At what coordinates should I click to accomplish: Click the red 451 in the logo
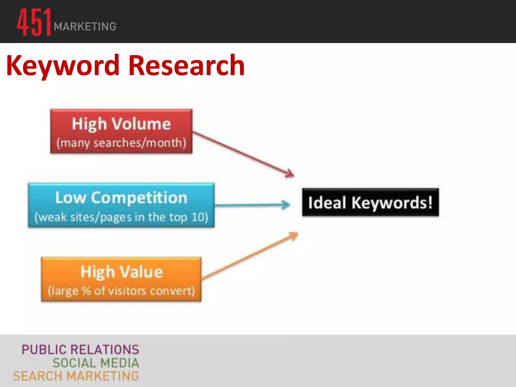point(34,22)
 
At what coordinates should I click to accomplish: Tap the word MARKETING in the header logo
point(85,27)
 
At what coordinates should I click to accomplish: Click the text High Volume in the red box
point(121,124)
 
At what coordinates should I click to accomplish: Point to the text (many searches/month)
point(121,143)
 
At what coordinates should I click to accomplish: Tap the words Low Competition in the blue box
point(121,198)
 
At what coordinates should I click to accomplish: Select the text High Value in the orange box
point(121,272)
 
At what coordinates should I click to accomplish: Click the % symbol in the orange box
point(86,291)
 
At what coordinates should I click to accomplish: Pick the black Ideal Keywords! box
point(370,202)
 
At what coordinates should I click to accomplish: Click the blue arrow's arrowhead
point(286,205)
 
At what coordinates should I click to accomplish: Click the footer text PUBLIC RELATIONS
point(80,350)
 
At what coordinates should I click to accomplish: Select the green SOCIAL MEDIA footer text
point(96,363)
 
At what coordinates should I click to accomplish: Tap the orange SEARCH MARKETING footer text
point(76,376)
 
